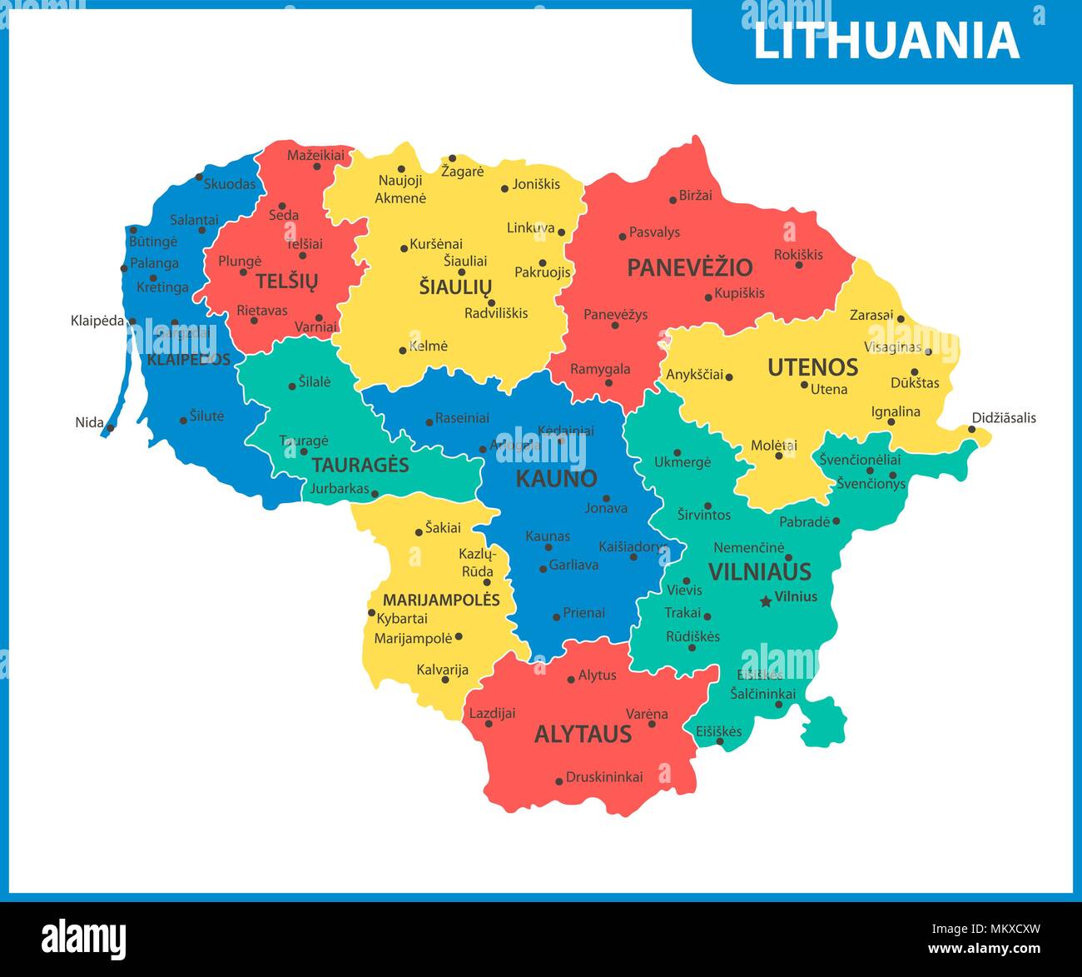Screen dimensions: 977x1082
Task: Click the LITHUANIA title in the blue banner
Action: [x=886, y=41]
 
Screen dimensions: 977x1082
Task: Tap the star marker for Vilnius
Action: [x=765, y=601]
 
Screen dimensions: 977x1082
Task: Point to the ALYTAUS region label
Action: [x=583, y=735]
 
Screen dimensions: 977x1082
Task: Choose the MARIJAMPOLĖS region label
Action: [x=441, y=600]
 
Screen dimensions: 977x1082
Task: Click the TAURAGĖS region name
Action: [x=360, y=465]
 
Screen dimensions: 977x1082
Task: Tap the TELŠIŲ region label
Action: [x=286, y=281]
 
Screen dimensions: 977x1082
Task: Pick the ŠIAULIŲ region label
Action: [x=455, y=287]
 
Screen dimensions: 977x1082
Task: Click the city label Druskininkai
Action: [x=604, y=777]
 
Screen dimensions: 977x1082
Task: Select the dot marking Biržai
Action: [x=673, y=200]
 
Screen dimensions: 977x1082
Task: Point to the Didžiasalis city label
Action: [x=1004, y=418]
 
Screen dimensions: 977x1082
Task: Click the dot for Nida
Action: [x=110, y=427]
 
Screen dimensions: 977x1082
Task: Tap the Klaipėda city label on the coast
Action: [x=97, y=321]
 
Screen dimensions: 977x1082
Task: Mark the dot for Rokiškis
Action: [x=798, y=265]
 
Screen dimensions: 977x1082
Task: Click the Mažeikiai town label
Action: [x=315, y=155]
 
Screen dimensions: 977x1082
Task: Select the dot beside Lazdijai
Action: [x=489, y=724]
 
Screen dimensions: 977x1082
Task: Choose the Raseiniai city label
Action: [x=462, y=418]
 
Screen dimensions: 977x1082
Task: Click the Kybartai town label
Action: [x=402, y=619]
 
